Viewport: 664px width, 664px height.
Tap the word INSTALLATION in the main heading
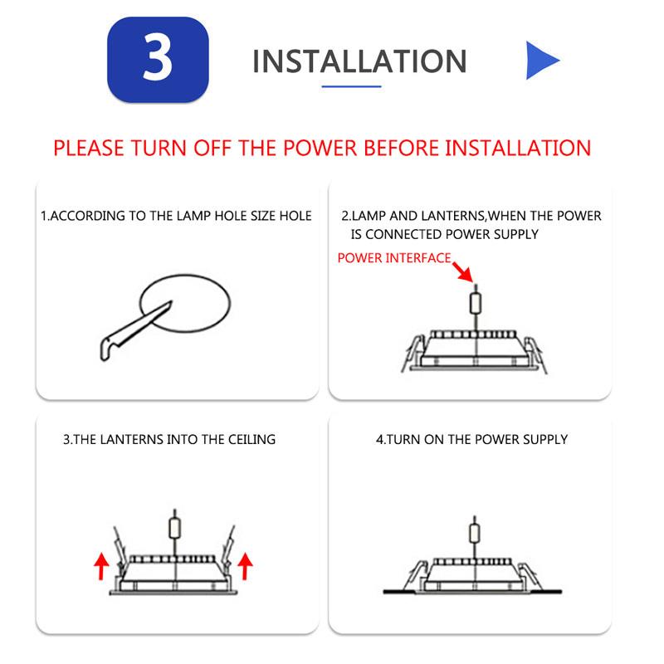(x=359, y=61)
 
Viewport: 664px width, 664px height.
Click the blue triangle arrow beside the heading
(x=543, y=60)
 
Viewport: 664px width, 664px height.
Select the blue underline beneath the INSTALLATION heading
(x=351, y=86)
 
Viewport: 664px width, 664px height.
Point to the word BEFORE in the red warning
(x=401, y=149)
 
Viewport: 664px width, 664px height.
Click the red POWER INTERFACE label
(x=393, y=258)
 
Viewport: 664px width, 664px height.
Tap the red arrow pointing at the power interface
(x=462, y=272)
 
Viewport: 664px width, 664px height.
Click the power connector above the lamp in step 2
(x=476, y=302)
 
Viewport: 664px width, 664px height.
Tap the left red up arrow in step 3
(x=101, y=566)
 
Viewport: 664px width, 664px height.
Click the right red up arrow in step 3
(x=245, y=566)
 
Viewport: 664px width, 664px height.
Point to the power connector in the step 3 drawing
(x=175, y=528)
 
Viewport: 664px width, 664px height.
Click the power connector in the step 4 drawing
(x=475, y=532)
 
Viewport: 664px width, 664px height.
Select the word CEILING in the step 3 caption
(x=251, y=440)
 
